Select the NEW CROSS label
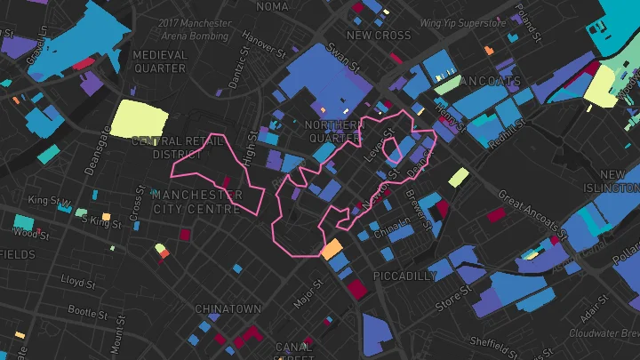pyautogui.click(x=380, y=36)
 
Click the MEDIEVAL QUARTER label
pyautogui.click(x=160, y=61)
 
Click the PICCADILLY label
pyautogui.click(x=405, y=276)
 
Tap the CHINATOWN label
pyautogui.click(x=228, y=309)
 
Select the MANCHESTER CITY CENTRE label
pyautogui.click(x=196, y=202)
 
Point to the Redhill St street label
pyautogui.click(x=514, y=131)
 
